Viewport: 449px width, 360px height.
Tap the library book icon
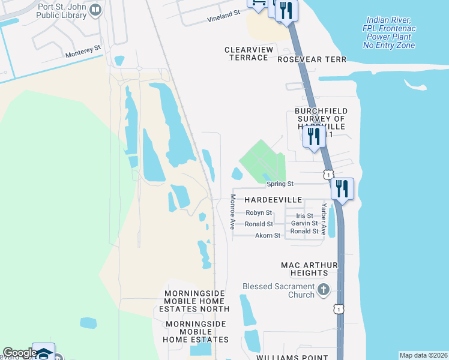pos(94,11)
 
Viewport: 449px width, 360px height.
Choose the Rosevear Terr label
pos(312,59)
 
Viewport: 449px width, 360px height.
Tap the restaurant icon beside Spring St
pos(342,188)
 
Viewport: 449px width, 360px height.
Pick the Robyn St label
pos(259,213)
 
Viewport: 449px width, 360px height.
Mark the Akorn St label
pos(268,236)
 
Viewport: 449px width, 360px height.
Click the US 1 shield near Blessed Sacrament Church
pos(339,309)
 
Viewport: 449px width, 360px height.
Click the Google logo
pos(20,353)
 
